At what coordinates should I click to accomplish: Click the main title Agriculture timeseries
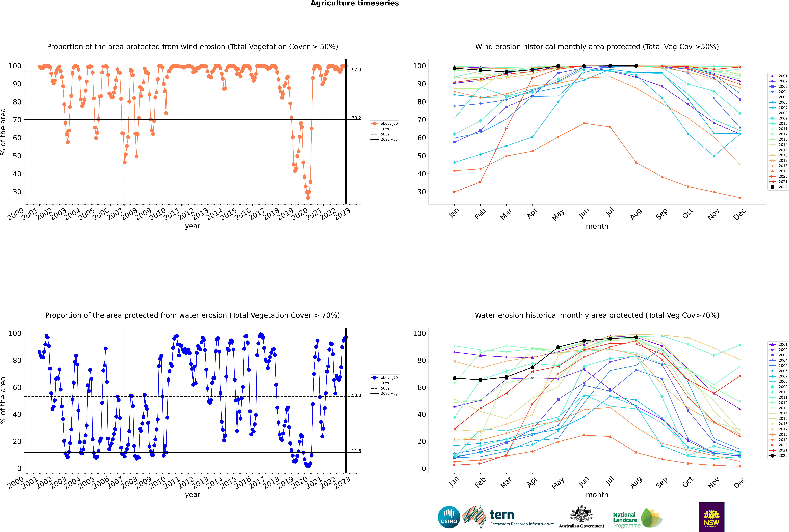(x=354, y=3)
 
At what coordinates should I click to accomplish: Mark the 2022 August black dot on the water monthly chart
(x=636, y=338)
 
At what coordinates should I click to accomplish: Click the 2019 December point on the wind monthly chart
(x=740, y=198)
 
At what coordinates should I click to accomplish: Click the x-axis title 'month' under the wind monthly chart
(x=597, y=226)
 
